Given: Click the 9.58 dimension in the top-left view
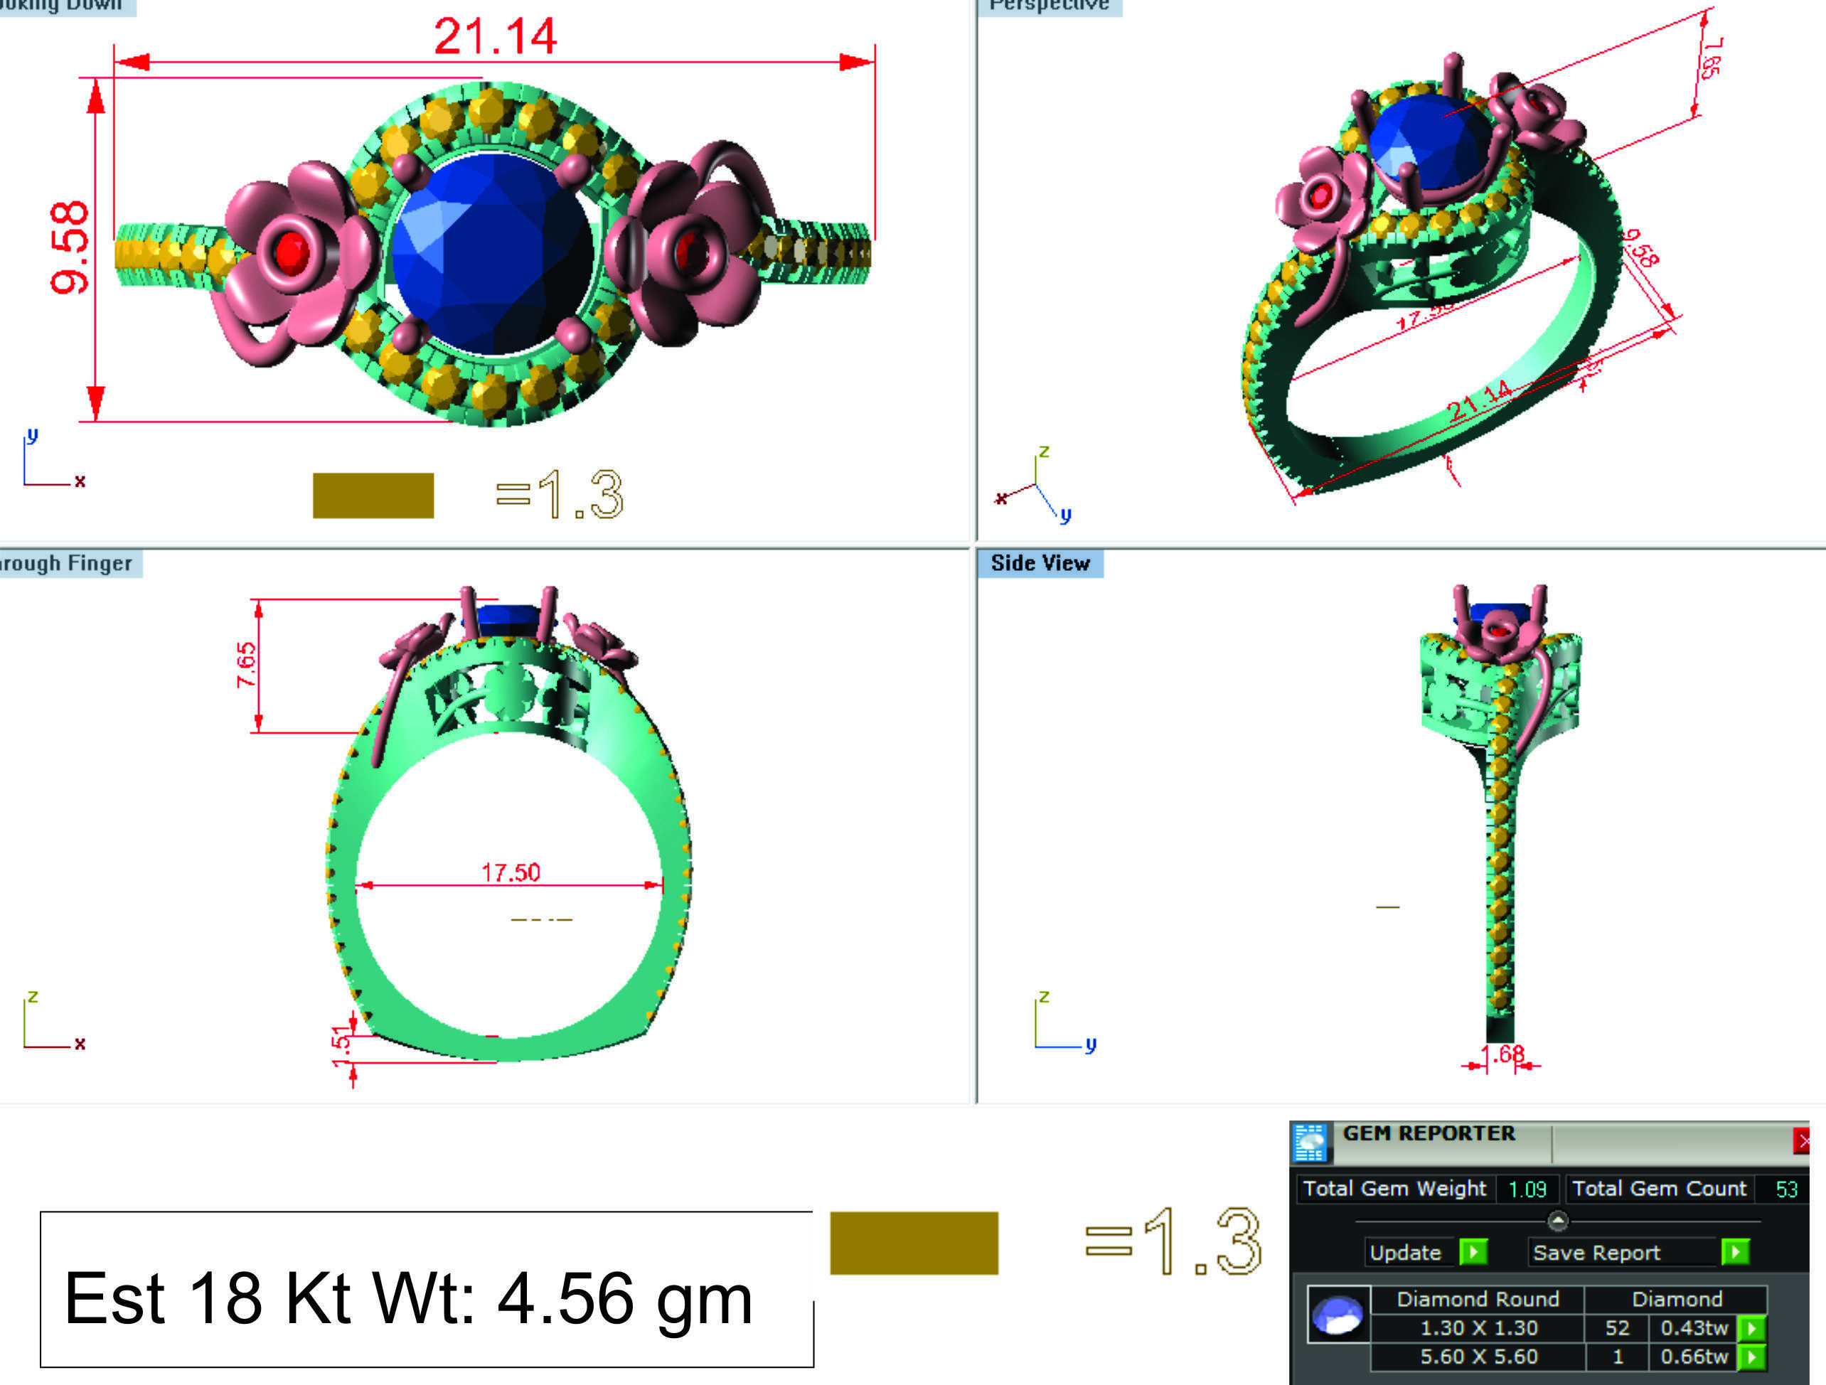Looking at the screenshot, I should pyautogui.click(x=70, y=247).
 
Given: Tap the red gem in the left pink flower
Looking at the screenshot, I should pyautogui.click(x=291, y=252).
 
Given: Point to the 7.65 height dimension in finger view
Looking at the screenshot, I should pyautogui.click(x=246, y=665).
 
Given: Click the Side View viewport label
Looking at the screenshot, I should pyautogui.click(x=1040, y=564).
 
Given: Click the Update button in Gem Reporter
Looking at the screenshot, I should pyautogui.click(x=1405, y=1252).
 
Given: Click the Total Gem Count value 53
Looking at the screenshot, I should pyautogui.click(x=1785, y=1189).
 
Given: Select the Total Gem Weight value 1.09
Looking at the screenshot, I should pyautogui.click(x=1527, y=1189).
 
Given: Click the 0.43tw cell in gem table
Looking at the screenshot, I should pyautogui.click(x=1694, y=1328).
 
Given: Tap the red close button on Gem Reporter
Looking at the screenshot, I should pyautogui.click(x=1802, y=1142).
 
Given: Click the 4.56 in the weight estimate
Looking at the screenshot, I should pyautogui.click(x=565, y=1299).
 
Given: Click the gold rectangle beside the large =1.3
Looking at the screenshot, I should pyautogui.click(x=914, y=1242).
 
